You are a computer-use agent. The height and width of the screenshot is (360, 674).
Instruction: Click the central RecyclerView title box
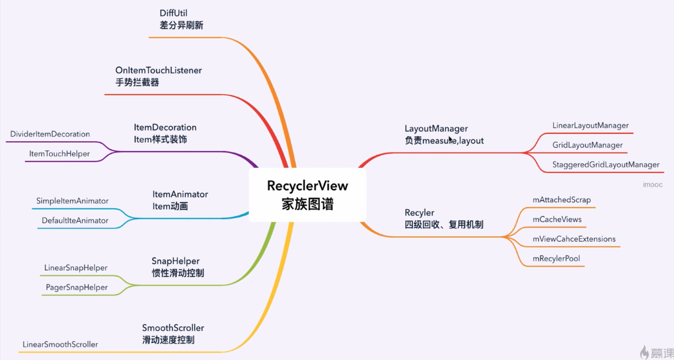pos(307,195)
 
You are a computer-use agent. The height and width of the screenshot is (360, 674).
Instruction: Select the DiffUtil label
pos(173,13)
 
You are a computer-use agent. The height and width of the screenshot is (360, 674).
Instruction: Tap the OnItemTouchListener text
pos(159,70)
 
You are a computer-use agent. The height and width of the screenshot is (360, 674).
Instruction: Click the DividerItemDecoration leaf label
pos(50,134)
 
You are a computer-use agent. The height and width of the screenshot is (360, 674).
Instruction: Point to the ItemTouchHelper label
pos(59,154)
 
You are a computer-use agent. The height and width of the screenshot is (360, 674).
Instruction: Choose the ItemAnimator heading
pos(180,194)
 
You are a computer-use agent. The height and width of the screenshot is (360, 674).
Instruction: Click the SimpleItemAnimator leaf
pos(72,201)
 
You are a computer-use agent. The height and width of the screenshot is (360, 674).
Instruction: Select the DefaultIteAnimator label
pos(75,220)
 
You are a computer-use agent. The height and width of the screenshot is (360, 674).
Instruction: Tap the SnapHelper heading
pos(175,261)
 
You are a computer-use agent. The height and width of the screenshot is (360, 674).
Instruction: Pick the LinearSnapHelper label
pos(76,268)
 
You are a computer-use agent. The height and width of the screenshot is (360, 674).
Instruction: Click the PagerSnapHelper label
pos(77,287)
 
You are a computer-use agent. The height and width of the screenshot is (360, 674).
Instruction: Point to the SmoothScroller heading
pos(173,328)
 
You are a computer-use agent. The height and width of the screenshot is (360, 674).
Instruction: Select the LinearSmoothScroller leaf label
pos(60,344)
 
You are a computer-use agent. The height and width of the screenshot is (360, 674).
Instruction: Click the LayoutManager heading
pos(436,129)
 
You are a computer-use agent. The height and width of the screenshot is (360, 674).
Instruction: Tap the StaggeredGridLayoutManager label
pos(606,165)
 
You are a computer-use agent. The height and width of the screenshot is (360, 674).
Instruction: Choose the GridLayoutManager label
pos(587,145)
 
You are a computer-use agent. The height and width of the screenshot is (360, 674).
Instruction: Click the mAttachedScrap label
pos(562,200)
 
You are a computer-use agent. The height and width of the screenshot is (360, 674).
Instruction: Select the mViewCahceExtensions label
pos(574,239)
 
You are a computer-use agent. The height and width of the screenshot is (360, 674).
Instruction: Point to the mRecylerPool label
pos(556,258)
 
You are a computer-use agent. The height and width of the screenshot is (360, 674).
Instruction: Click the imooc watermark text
pos(652,185)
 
